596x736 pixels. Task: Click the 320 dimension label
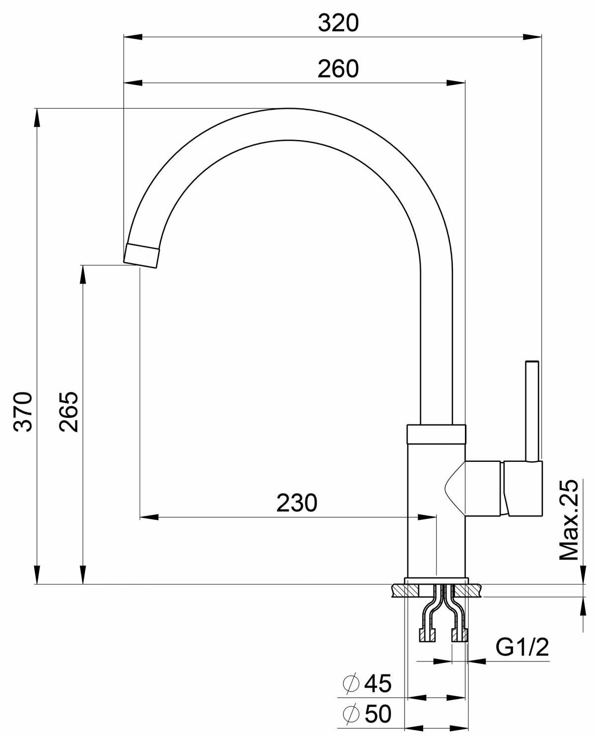point(338,23)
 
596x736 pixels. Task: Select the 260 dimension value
point(338,69)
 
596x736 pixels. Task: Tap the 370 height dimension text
point(23,412)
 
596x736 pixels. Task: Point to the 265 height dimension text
point(69,412)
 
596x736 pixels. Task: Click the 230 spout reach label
point(297,503)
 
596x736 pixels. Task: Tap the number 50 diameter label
point(378,714)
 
